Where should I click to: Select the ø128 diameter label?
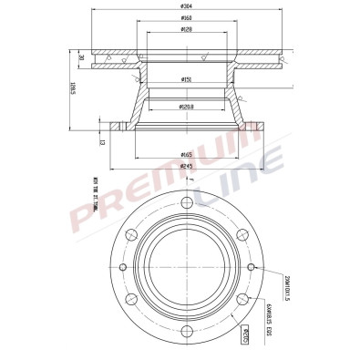(x=186, y=30)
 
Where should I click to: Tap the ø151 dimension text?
(x=186, y=80)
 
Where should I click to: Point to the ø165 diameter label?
(x=186, y=155)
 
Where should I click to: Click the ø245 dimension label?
(x=186, y=167)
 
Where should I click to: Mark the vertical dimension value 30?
(x=81, y=58)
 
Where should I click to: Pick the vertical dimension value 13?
(x=102, y=141)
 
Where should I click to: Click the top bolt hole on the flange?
(x=186, y=202)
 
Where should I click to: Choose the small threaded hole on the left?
(x=122, y=266)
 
